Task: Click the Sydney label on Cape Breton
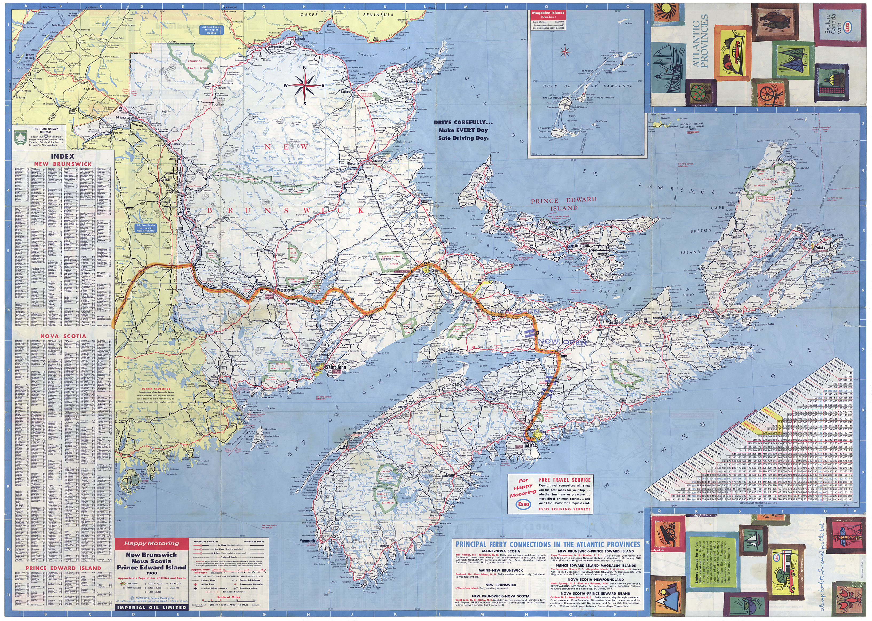820,247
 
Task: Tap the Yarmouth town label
308,541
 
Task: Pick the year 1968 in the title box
152,573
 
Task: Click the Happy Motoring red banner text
151,544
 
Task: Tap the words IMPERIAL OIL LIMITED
152,607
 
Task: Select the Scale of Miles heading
229,597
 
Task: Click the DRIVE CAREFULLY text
463,123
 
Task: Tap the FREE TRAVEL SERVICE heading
564,480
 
